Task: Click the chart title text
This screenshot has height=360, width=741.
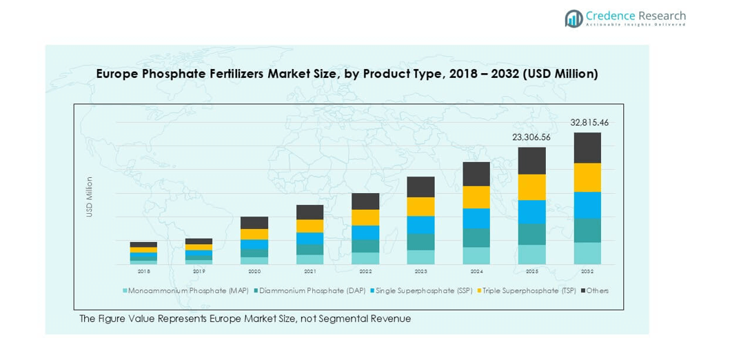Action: (x=347, y=73)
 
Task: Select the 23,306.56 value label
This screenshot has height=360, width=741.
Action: (x=531, y=137)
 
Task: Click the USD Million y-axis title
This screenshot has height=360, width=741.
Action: (x=89, y=197)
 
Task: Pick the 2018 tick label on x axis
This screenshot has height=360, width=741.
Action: (x=143, y=272)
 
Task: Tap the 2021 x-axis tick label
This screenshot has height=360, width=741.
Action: (x=310, y=272)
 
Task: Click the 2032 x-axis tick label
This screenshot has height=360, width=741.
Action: (x=587, y=272)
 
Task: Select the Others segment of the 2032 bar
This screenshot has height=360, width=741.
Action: (x=587, y=148)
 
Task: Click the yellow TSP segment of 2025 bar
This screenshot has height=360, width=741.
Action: (x=531, y=187)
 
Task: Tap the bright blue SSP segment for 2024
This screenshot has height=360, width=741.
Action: (x=476, y=218)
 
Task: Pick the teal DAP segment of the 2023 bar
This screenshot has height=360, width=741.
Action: (x=420, y=241)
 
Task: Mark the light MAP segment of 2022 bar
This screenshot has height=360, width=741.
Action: (x=365, y=258)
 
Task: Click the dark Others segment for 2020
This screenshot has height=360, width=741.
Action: (x=254, y=223)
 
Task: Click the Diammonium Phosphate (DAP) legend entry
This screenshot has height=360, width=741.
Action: (x=311, y=291)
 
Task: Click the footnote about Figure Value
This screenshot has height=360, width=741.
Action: (x=245, y=319)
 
